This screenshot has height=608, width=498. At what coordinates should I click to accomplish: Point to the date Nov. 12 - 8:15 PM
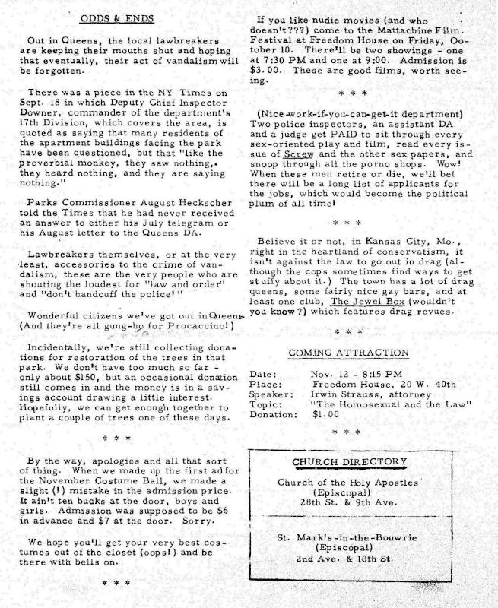(x=357, y=373)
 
